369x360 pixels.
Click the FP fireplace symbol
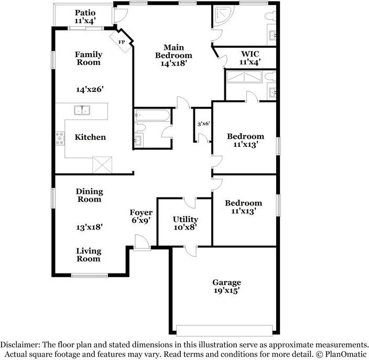tap(122, 42)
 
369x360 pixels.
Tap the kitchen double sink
tap(82, 110)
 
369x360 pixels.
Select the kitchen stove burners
tap(60, 138)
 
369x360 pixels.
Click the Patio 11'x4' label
tap(85, 17)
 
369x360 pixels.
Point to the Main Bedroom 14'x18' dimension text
tap(174, 63)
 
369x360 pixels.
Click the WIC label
tap(250, 54)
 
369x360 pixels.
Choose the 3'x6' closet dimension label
tap(203, 124)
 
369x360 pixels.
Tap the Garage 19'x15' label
tap(226, 286)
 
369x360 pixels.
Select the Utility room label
tap(186, 219)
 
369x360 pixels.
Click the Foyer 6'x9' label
tap(141, 216)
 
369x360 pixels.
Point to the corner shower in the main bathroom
tap(223, 15)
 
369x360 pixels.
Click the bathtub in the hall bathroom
tap(152, 115)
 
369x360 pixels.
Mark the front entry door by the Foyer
tap(142, 243)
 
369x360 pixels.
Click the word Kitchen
tap(90, 137)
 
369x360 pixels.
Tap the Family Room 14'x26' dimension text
tap(90, 89)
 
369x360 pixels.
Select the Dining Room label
tap(90, 195)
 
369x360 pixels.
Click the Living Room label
tap(89, 255)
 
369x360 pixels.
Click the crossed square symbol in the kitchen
tap(102, 165)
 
